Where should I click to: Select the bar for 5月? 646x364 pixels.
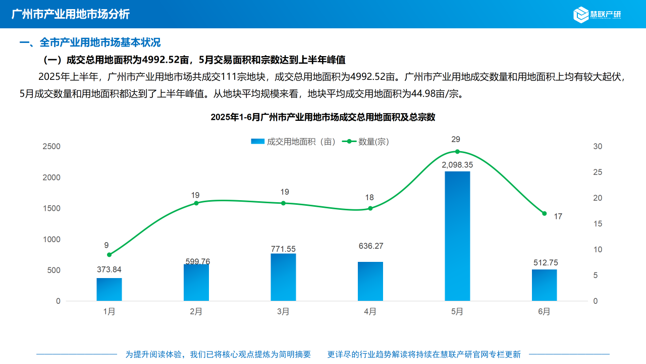coord(457,236)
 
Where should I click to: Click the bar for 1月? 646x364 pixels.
coord(109,289)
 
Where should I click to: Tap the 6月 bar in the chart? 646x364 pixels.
coord(544,285)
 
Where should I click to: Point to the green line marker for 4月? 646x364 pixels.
coord(370,208)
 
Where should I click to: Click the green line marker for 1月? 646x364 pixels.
coord(109,254)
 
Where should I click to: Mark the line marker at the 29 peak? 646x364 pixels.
coord(457,152)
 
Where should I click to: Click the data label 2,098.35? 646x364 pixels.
coord(457,165)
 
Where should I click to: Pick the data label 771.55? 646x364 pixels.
coord(283,249)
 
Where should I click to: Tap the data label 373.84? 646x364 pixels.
coord(109,269)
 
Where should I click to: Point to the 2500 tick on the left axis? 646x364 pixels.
coord(51,147)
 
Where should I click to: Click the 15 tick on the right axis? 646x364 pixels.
coord(598,223)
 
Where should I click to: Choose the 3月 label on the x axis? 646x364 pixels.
coord(283,311)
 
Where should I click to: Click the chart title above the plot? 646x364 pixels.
coord(323,117)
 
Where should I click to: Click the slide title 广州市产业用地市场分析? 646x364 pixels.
coord(70,14)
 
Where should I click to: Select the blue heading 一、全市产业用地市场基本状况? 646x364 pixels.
coord(90,42)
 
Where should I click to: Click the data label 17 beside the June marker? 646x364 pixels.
coord(558,216)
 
